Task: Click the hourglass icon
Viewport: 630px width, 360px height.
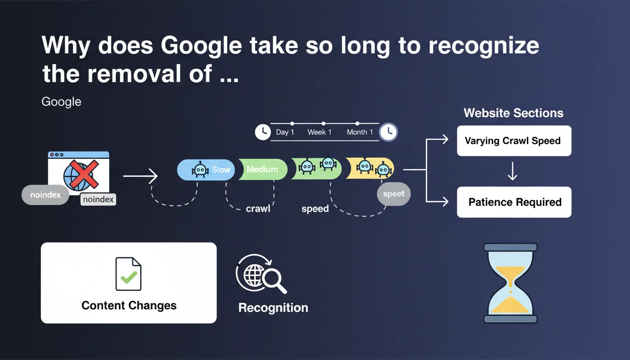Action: pos(510,283)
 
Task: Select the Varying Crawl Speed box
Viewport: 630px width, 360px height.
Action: pos(514,141)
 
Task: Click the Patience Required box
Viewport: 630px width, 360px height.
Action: pos(514,202)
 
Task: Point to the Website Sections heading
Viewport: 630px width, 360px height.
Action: pos(513,113)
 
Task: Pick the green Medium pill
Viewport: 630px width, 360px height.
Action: pos(262,169)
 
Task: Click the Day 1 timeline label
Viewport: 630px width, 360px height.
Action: pos(285,132)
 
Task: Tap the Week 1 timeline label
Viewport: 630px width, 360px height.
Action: pos(319,132)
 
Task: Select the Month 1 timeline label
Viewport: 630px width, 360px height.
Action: pos(360,132)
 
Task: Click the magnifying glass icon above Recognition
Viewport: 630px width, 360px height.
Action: pos(273,280)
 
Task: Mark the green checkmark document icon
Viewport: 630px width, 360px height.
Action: pos(128,274)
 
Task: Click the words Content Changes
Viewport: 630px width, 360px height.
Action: pos(129,306)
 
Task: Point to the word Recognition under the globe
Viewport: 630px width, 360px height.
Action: pos(273,308)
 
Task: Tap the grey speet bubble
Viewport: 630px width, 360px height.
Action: pos(393,194)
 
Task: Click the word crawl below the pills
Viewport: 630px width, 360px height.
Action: pos(258,209)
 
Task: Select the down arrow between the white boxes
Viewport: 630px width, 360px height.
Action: pos(512,172)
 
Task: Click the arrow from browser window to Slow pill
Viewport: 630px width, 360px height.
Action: pos(140,176)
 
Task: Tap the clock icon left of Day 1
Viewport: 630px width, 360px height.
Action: pos(262,132)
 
